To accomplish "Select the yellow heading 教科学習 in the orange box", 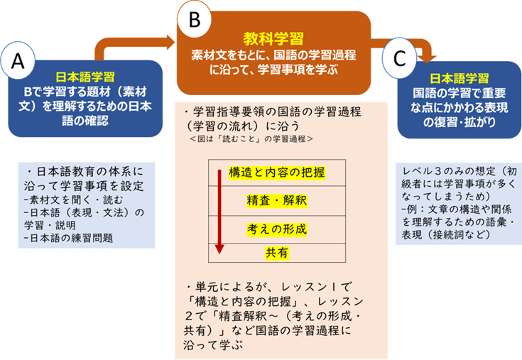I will point(273,38).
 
